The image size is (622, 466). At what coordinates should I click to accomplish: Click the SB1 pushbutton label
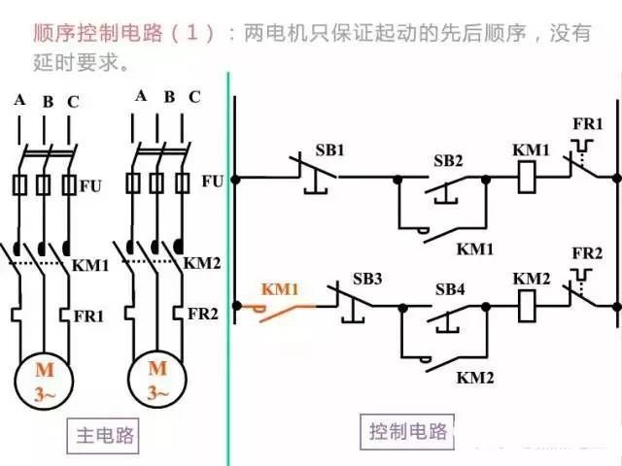[329, 150]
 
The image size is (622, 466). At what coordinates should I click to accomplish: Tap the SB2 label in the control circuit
[448, 160]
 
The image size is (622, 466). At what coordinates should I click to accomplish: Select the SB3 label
[368, 280]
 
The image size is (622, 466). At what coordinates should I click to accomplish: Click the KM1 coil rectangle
[526, 178]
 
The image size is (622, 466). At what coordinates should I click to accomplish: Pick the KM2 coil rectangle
[527, 306]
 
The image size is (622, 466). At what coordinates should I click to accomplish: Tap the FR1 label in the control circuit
[587, 124]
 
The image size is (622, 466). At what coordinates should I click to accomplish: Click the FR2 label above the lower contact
[587, 253]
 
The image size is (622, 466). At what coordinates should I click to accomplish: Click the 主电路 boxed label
[106, 435]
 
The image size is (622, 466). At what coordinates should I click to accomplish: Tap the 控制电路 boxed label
[408, 430]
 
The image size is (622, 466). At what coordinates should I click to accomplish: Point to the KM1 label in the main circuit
[91, 264]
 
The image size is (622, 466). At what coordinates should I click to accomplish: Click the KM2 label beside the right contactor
[203, 263]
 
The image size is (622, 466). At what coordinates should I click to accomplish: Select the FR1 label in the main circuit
[89, 316]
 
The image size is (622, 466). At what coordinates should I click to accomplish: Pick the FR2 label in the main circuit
[202, 314]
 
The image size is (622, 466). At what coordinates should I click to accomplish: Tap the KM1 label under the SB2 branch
[476, 248]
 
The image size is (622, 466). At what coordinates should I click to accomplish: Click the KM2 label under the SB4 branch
[476, 375]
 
